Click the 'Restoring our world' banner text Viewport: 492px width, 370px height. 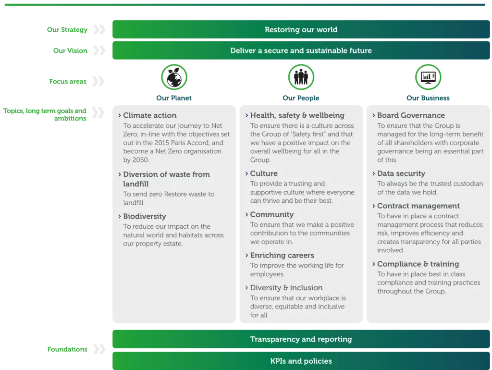click(x=301, y=30)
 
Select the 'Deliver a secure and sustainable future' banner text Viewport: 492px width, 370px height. click(x=301, y=50)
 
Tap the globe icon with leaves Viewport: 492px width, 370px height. click(x=174, y=77)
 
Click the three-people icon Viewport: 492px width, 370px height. click(x=301, y=77)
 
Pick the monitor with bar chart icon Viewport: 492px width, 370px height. click(x=428, y=77)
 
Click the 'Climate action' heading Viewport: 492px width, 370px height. click(x=149, y=115)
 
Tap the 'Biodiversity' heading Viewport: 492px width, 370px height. click(x=144, y=216)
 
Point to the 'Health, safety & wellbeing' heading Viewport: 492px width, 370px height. click(x=297, y=115)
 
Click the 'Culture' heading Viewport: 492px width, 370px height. click(x=264, y=173)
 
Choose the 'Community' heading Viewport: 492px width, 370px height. click(x=271, y=214)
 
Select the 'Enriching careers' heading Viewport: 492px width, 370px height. click(x=282, y=255)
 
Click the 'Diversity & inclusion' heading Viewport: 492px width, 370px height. click(x=286, y=288)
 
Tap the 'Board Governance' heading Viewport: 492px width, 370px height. click(x=411, y=115)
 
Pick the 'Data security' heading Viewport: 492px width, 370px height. click(x=401, y=173)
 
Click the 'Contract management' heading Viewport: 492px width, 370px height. click(x=418, y=206)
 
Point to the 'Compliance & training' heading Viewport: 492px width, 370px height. click(x=418, y=264)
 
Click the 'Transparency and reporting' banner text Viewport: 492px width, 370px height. click(x=301, y=339)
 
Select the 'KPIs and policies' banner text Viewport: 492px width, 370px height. click(x=301, y=361)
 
